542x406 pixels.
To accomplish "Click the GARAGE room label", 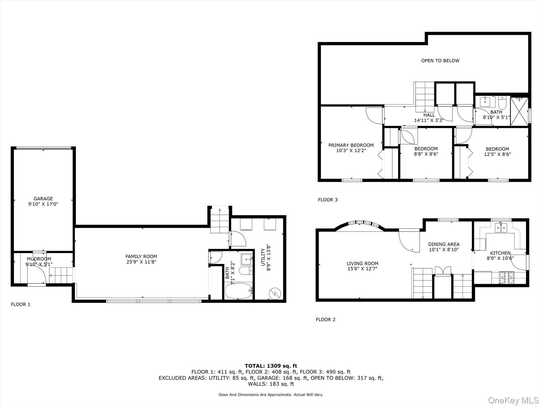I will [x=43, y=199].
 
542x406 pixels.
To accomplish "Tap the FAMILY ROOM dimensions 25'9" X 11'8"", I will [x=141, y=262].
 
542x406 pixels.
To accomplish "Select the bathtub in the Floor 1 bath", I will [x=238, y=291].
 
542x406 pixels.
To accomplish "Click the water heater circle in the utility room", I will [x=275, y=293].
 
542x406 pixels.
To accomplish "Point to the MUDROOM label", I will [x=39, y=259].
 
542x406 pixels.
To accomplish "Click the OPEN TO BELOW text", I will [x=440, y=60].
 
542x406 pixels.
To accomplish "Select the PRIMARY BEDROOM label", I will [x=351, y=145].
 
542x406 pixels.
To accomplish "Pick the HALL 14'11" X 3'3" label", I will [x=429, y=118].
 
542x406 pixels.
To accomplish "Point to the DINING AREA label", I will [x=444, y=244].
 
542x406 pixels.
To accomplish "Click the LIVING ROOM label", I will [x=362, y=264].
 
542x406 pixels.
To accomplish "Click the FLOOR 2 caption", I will [x=325, y=319].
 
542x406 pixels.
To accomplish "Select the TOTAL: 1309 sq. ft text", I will [x=271, y=366].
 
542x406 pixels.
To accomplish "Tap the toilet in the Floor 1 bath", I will [x=245, y=271].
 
